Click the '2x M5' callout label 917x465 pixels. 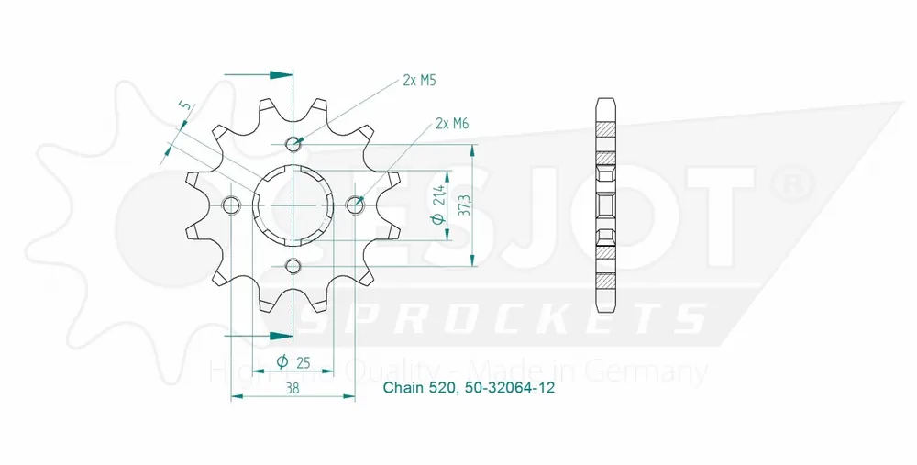coord(418,81)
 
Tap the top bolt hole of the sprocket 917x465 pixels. coord(293,144)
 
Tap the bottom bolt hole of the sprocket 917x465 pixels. coord(293,266)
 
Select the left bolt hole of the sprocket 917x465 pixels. coord(232,205)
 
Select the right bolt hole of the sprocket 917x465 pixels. coord(355,205)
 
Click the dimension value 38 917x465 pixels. coord(292,388)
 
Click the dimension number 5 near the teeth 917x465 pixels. coord(186,108)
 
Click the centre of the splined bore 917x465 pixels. coord(293,205)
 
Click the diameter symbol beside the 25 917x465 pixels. coord(282,361)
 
